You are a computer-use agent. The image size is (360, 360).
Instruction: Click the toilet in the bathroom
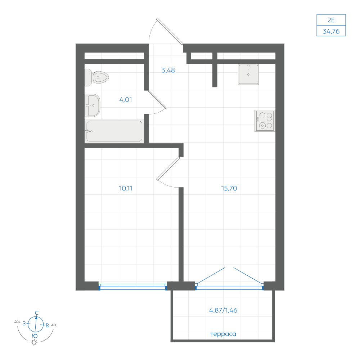96,77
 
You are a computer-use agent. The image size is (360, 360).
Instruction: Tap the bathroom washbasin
92,105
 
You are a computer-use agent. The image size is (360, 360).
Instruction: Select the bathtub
114,131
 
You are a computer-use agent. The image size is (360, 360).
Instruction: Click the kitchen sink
248,75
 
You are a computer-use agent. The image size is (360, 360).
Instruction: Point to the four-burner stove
265,121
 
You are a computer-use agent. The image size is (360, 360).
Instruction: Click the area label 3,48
168,70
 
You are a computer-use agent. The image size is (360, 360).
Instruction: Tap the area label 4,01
126,100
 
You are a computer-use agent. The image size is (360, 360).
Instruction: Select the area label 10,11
126,188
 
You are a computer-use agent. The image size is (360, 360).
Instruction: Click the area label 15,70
229,188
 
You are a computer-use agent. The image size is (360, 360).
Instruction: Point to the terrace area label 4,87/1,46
223,310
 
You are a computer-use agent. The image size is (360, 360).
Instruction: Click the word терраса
223,334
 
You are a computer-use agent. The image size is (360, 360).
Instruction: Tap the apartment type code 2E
331,20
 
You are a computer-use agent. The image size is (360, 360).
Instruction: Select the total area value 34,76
331,31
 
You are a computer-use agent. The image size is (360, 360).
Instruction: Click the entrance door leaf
170,31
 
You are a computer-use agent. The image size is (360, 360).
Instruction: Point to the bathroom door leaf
158,100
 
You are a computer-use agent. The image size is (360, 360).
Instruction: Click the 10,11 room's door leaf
168,168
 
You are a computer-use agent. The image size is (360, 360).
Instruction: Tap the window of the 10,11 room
133,287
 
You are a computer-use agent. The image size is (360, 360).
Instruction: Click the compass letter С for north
37,313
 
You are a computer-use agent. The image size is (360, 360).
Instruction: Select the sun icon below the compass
34,343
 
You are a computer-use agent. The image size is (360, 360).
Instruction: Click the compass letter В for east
47,325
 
